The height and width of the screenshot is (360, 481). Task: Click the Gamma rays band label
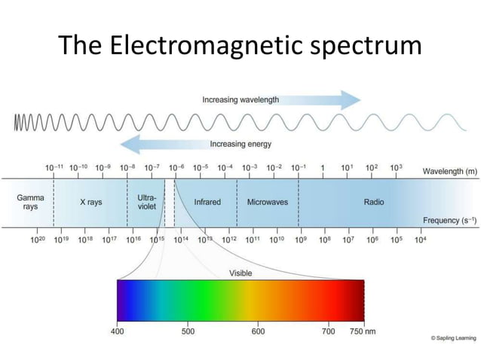tap(30, 202)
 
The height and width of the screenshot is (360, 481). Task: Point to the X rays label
tap(90, 202)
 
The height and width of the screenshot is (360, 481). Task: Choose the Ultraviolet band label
tap(146, 202)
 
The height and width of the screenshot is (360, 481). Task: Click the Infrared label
tap(207, 202)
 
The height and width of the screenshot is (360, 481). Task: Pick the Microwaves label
tap(268, 202)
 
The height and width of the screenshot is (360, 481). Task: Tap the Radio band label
tap(373, 202)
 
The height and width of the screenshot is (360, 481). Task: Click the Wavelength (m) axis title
tap(449, 172)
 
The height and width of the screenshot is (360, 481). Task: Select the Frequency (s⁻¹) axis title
tap(449, 221)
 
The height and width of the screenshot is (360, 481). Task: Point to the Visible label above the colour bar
tap(240, 273)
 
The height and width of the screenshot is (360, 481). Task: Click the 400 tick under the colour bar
tap(118, 331)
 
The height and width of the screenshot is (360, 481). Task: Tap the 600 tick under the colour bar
tap(258, 331)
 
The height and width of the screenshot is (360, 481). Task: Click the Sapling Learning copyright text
tap(453, 338)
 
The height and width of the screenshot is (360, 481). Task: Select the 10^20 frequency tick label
tap(38, 239)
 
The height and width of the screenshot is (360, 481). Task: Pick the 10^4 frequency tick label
tap(420, 239)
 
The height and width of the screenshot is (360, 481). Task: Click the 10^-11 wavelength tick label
tap(54, 167)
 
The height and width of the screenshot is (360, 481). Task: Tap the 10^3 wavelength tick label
tap(396, 167)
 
